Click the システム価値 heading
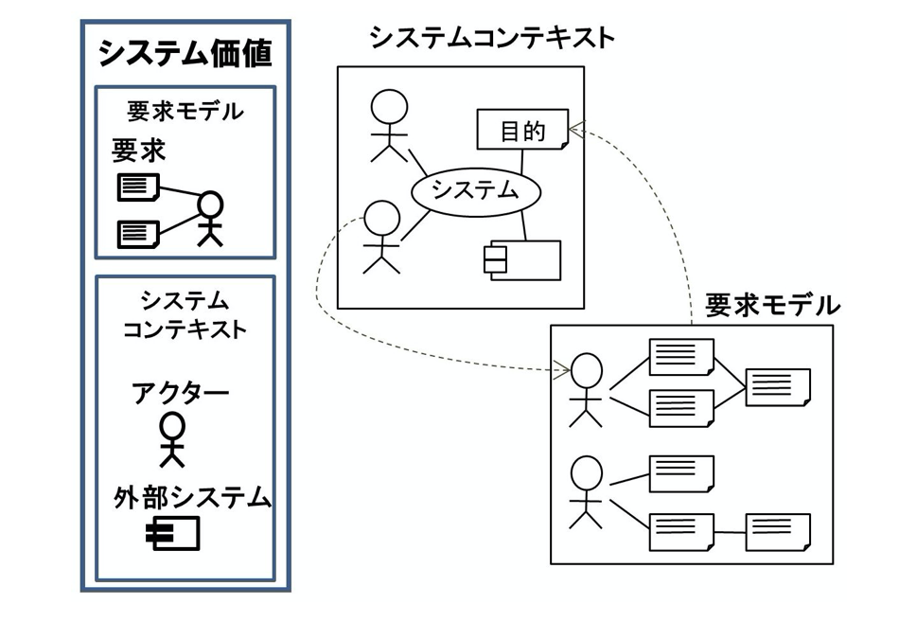[185, 54]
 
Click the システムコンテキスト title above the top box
[492, 38]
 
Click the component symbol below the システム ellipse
[521, 259]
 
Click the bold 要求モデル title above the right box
[772, 306]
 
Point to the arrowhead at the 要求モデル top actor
[562, 370]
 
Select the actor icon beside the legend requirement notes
[210, 218]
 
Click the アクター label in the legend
[180, 392]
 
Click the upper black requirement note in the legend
[138, 187]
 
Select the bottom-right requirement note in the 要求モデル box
[778, 531]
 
